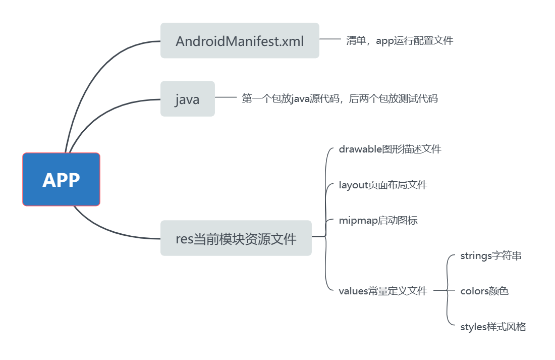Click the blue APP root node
point(61,179)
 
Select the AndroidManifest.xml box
point(240,40)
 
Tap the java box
point(187,99)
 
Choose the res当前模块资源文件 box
point(236,238)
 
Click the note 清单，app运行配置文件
point(400,40)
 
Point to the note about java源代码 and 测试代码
point(340,98)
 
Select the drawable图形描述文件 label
point(390,149)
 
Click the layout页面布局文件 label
point(383,185)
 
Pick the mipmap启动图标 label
point(378,220)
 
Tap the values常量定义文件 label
point(383,291)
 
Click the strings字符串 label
point(491,255)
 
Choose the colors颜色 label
point(484,291)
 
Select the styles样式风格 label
point(493,327)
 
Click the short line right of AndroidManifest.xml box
point(330,39)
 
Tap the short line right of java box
point(226,97)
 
